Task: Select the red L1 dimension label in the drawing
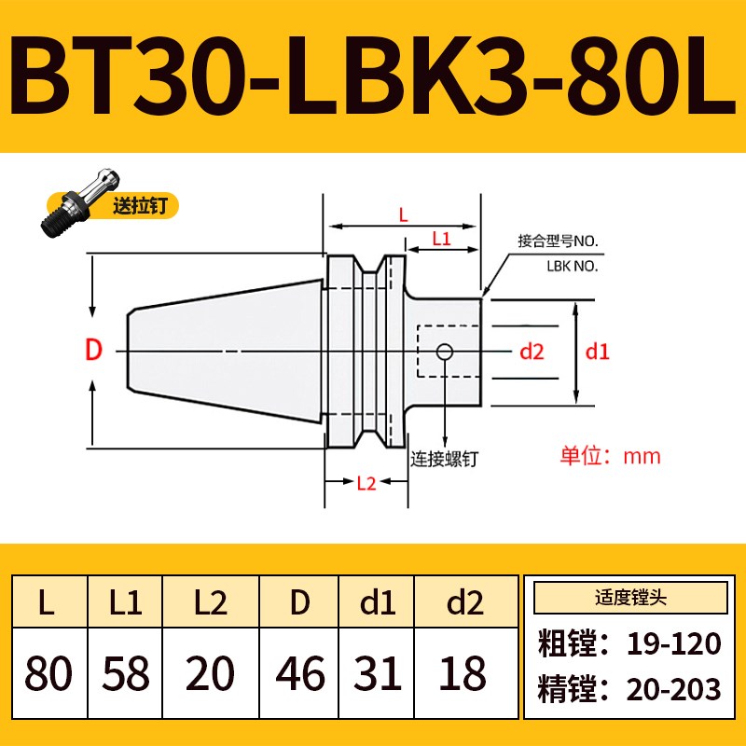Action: pyautogui.click(x=441, y=239)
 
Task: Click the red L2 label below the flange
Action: pyautogui.click(x=366, y=482)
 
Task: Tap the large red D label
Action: pyautogui.click(x=93, y=352)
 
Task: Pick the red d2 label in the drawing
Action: pyautogui.click(x=532, y=352)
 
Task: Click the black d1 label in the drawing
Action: pyautogui.click(x=596, y=352)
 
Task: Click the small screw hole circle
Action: pyautogui.click(x=446, y=352)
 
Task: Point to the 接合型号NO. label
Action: pyautogui.click(x=558, y=242)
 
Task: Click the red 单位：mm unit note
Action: pyautogui.click(x=610, y=456)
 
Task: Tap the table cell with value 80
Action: pyautogui.click(x=48, y=672)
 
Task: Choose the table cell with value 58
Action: pyautogui.click(x=124, y=672)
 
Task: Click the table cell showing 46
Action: pyautogui.click(x=299, y=672)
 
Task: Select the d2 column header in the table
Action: pyautogui.click(x=463, y=603)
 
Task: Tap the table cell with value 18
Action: pyautogui.click(x=463, y=672)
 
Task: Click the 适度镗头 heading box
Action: pyautogui.click(x=630, y=597)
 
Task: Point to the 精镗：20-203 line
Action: pyautogui.click(x=630, y=689)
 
